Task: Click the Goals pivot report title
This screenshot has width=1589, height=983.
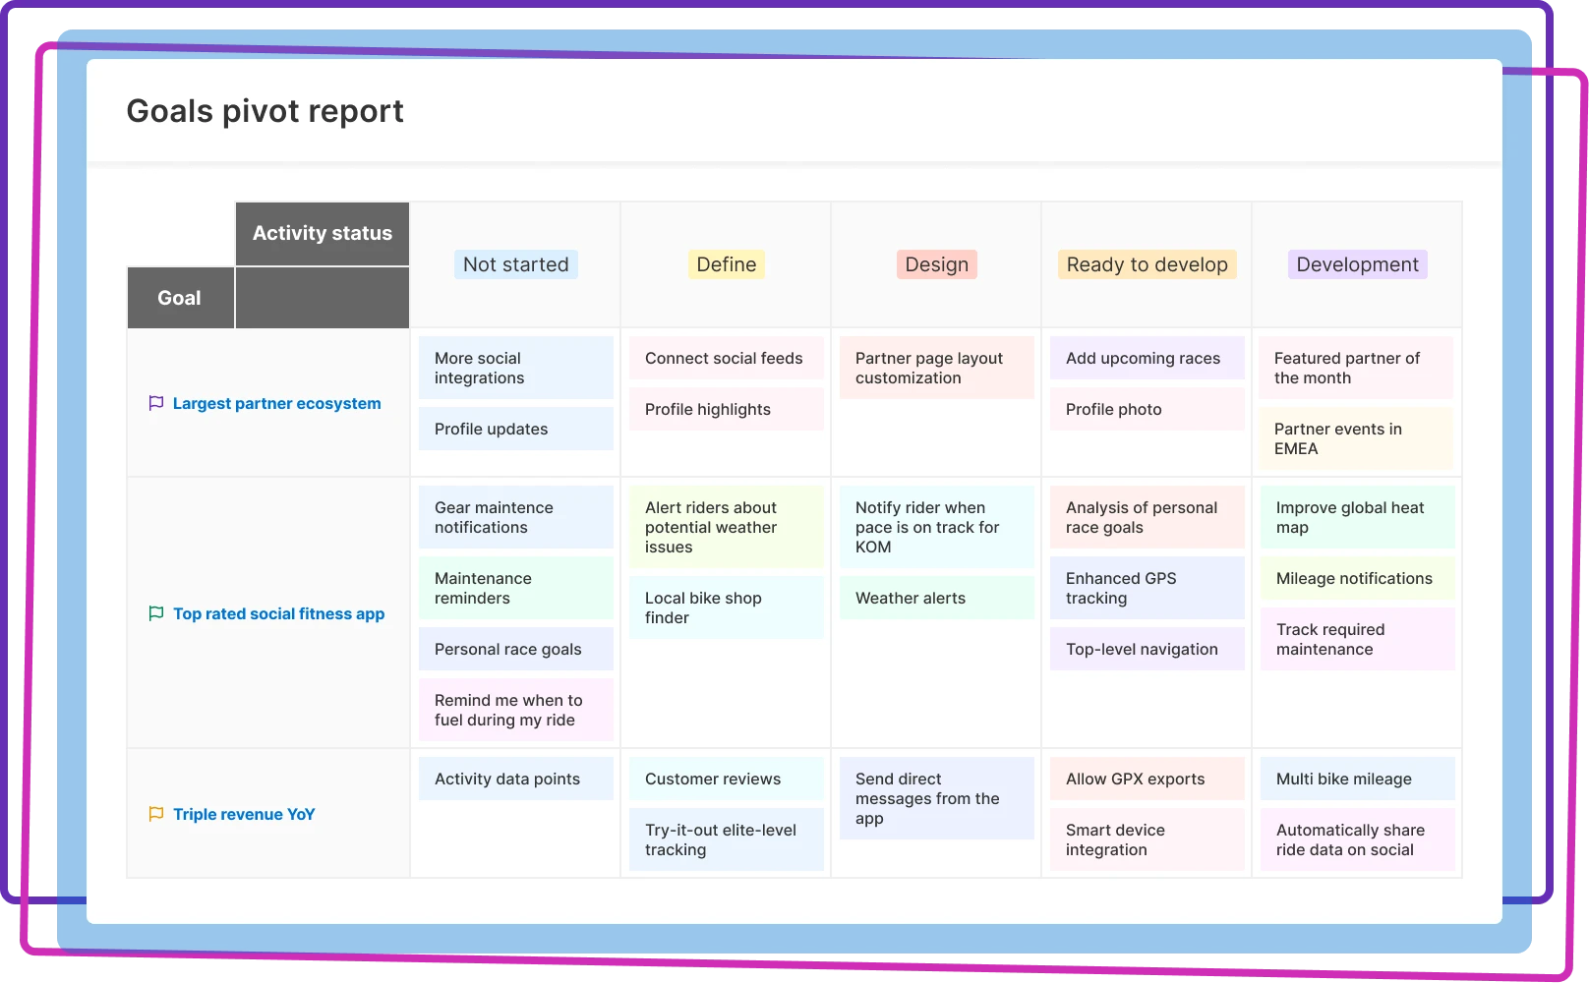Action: (x=265, y=111)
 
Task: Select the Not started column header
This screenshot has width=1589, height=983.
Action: (x=515, y=264)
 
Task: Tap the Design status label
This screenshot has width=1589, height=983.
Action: (x=936, y=264)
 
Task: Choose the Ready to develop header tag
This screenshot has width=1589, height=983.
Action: (x=1147, y=264)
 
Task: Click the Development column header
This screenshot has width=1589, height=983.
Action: (x=1357, y=264)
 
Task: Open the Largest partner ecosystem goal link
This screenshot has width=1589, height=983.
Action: (x=276, y=403)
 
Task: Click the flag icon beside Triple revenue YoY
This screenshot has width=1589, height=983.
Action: (x=155, y=814)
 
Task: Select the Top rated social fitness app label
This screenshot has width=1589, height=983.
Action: (x=278, y=613)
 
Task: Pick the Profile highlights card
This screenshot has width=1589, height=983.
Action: (x=726, y=409)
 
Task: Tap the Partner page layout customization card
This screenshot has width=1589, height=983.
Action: (x=936, y=368)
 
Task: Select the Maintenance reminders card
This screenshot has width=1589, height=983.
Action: (x=515, y=588)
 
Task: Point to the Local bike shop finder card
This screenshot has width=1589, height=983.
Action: (x=726, y=607)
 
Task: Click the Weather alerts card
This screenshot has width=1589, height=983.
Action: (x=936, y=598)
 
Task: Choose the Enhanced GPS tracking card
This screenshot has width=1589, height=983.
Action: (x=1147, y=588)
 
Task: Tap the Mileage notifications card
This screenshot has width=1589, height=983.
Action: (x=1357, y=578)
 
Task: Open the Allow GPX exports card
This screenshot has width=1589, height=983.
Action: (x=1147, y=779)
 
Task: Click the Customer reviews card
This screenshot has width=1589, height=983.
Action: (x=726, y=779)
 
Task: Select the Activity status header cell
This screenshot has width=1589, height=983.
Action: (x=322, y=233)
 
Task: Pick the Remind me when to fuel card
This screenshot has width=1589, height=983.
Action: (x=515, y=710)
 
